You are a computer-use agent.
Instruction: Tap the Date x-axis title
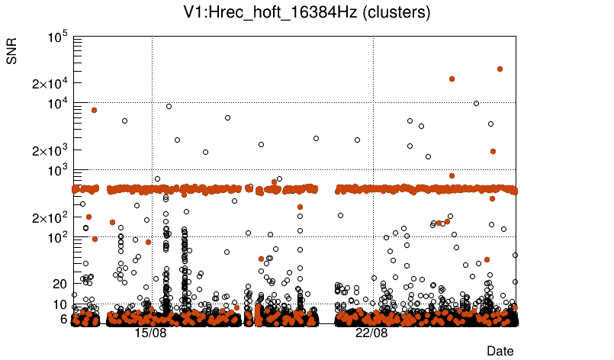(500, 351)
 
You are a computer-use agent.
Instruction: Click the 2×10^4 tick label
(50, 83)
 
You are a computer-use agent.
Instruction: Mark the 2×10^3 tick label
(50, 150)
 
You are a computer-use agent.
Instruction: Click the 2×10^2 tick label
(50, 217)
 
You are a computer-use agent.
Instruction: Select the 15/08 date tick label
(151, 333)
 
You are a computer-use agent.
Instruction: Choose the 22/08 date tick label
(372, 333)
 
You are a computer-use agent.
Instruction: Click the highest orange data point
(500, 69)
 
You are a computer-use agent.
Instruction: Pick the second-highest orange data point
(452, 79)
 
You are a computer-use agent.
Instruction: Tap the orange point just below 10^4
(94, 110)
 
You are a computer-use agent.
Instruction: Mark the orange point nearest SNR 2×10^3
(493, 151)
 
